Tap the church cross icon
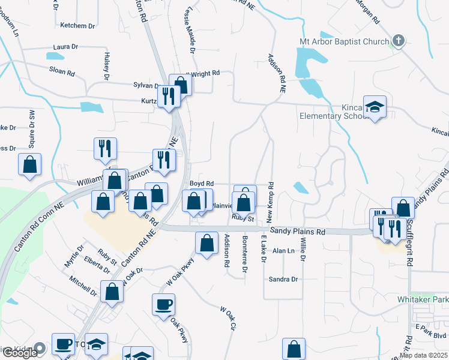point(397,41)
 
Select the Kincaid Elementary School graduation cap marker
point(375,107)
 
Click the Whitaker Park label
point(423,299)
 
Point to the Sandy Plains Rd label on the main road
point(297,231)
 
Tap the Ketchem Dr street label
point(78,26)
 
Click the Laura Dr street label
point(65,46)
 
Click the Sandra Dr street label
point(283,279)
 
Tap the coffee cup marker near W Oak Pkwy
point(163,304)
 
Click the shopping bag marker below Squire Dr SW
point(29,165)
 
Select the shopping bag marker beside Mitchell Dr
point(112,292)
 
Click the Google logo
point(20,353)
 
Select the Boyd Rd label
point(202,183)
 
